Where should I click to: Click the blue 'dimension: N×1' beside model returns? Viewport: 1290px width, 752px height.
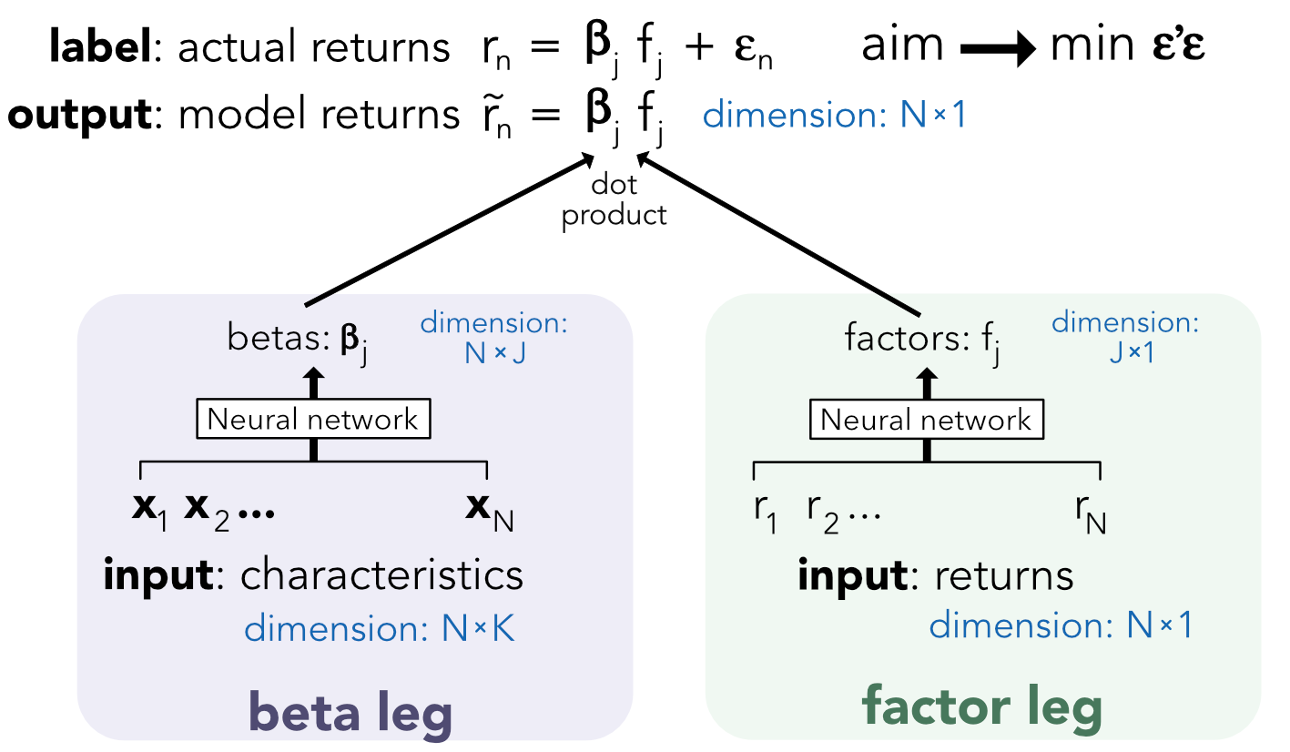tap(834, 117)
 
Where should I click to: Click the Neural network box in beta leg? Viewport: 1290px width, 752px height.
tap(313, 420)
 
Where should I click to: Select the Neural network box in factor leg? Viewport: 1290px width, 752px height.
tap(926, 420)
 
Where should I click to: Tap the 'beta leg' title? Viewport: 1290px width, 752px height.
tap(350, 711)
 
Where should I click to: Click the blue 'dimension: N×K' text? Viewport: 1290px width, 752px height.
tap(380, 629)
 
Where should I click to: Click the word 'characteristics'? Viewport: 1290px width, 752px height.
tap(381, 576)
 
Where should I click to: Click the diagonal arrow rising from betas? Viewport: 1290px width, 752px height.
tap(446, 231)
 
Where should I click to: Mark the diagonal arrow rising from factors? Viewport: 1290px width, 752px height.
tap(783, 231)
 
